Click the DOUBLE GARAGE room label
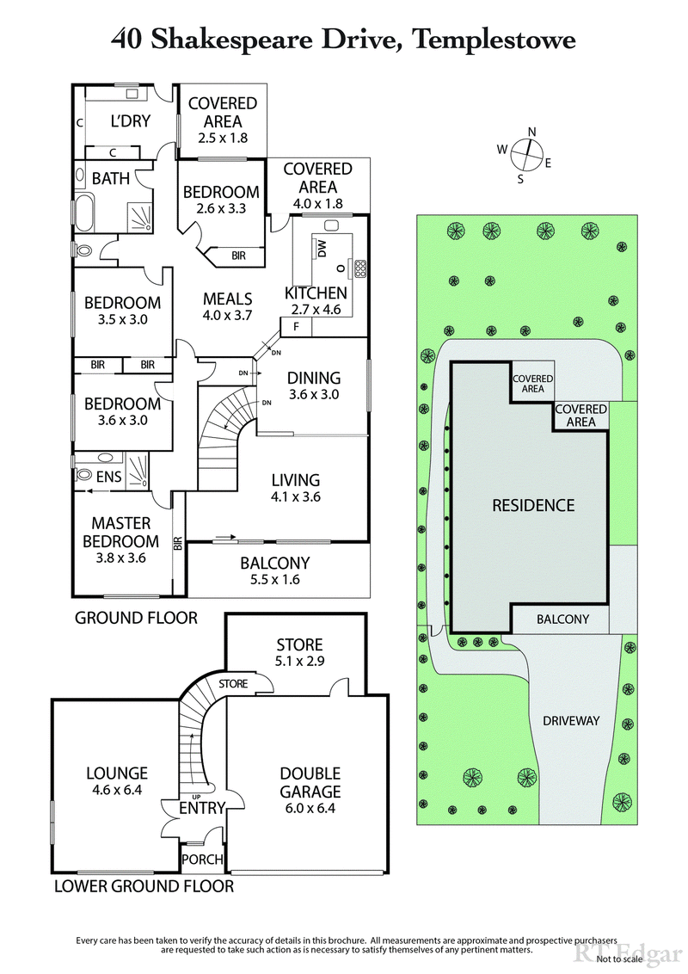(310, 782)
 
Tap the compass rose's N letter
(532, 132)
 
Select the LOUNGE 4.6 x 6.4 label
(116, 782)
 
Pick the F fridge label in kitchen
(296, 328)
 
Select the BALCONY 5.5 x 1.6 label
(274, 572)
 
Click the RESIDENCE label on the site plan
(532, 505)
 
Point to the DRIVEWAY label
(570, 720)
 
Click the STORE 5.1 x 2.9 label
(299, 653)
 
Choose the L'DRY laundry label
(131, 121)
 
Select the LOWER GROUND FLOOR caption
(144, 885)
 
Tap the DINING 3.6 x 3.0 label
(313, 385)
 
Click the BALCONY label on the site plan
(562, 619)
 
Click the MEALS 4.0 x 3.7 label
(227, 307)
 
